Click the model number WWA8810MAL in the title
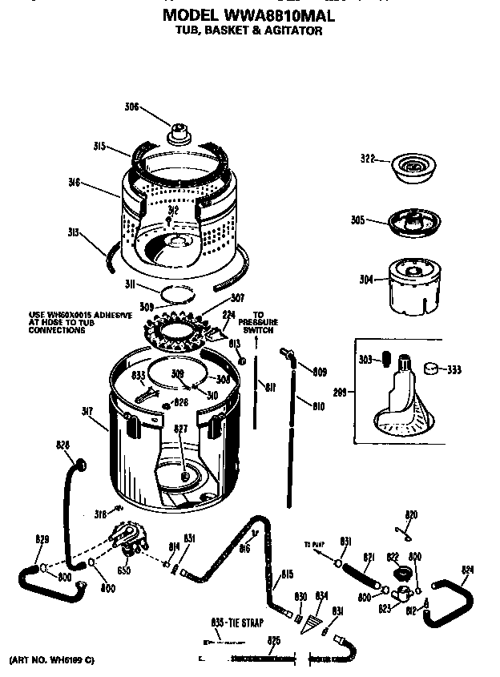290,15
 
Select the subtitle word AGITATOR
294,31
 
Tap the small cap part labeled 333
433,369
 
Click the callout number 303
366,361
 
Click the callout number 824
468,570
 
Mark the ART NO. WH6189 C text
51,659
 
